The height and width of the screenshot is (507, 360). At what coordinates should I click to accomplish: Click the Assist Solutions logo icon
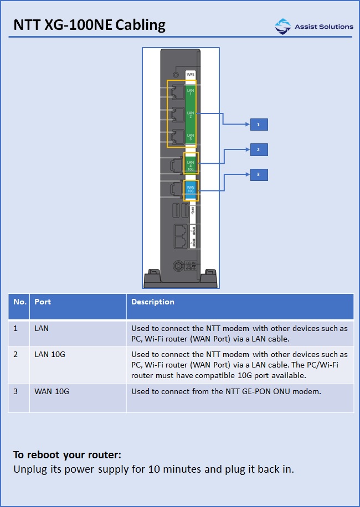(x=282, y=26)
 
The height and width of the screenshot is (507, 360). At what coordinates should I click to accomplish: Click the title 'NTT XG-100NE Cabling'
(x=89, y=25)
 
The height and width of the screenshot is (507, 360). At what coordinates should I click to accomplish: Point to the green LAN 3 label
(x=191, y=137)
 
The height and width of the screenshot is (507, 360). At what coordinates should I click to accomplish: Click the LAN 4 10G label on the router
(x=191, y=163)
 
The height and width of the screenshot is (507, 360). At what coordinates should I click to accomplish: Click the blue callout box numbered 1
(x=258, y=125)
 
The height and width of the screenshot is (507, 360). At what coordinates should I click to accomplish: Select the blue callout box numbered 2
(x=258, y=149)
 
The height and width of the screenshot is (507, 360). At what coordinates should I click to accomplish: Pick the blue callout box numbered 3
(x=258, y=175)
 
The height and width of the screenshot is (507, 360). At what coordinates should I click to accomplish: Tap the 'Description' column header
(x=152, y=302)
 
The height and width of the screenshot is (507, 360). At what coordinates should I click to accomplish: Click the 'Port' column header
(x=43, y=302)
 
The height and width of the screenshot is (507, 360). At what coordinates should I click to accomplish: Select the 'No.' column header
(x=20, y=302)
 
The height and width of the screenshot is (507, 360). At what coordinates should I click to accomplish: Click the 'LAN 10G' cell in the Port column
(x=50, y=354)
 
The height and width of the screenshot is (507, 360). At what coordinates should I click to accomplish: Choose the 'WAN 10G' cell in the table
(x=52, y=391)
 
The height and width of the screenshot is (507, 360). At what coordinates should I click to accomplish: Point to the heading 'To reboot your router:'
(x=67, y=455)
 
